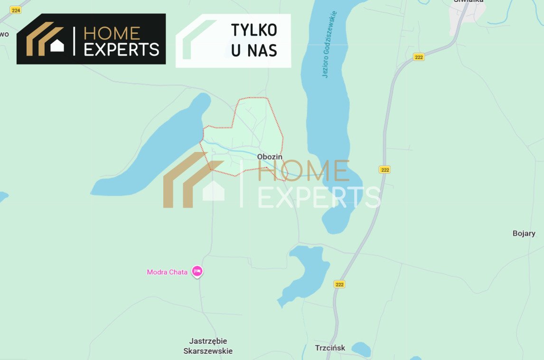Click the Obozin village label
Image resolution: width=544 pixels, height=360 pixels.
[270, 157]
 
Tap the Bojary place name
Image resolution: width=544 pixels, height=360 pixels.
[524, 233]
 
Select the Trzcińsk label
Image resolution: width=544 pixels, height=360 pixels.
[330, 348]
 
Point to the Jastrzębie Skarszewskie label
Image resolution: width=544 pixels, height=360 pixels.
[208, 346]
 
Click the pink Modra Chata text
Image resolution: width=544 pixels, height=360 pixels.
[167, 272]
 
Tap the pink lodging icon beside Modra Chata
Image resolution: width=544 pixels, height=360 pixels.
[197, 271]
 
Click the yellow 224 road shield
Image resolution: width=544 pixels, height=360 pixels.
[16, 9]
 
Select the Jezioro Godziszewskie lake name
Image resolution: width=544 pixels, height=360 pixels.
[329, 45]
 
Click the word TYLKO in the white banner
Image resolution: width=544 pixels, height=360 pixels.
[254, 30]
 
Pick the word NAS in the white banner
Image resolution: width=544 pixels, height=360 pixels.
[262, 50]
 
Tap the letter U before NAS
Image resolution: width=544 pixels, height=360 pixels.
[236, 50]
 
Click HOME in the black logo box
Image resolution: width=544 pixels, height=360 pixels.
[112, 33]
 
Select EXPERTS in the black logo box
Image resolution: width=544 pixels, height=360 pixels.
[121, 49]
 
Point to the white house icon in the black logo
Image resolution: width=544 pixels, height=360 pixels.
[57, 46]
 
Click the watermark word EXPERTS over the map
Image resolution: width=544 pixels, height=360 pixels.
[319, 197]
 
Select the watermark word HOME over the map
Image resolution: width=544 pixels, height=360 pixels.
[303, 171]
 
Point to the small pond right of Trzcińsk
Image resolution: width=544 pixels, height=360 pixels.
[361, 349]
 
